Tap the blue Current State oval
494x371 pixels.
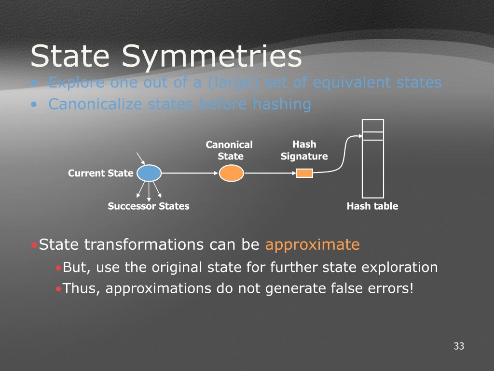coord(149,173)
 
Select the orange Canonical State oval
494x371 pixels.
coord(231,173)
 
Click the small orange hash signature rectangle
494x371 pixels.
coord(304,173)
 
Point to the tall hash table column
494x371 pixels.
coord(373,158)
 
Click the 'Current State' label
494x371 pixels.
coord(100,173)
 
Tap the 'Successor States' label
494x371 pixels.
coord(149,206)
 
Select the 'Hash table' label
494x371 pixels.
coord(372,206)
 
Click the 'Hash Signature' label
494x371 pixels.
coord(304,150)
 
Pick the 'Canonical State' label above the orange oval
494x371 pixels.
coord(229,151)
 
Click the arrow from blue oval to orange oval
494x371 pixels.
coord(190,173)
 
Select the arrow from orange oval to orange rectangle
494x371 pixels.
coord(270,173)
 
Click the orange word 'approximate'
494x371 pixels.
coord(312,244)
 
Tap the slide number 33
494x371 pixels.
coord(459,346)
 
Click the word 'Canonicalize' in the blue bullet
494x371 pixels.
coord(95,104)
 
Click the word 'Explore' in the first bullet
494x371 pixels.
coord(76,83)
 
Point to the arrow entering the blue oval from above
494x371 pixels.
coord(140,158)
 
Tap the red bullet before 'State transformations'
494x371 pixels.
coord(34,245)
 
